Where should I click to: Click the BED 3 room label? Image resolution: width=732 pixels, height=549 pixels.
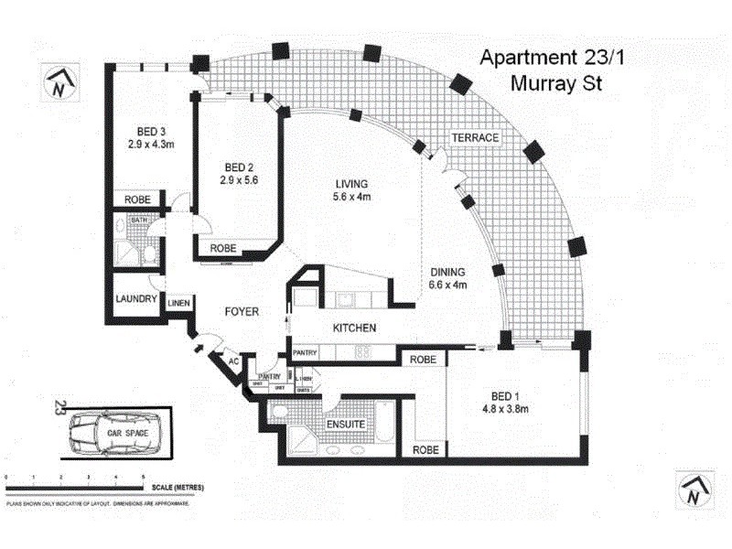tap(145, 136)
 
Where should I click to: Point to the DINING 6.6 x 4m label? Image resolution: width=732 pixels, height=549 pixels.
tap(448, 278)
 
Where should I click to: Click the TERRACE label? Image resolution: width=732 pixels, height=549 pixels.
tap(474, 138)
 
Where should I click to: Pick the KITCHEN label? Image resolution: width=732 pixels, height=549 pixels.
tap(354, 328)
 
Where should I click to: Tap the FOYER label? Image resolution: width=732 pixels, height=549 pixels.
tap(242, 312)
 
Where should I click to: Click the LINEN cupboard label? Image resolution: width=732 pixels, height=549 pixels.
tap(179, 303)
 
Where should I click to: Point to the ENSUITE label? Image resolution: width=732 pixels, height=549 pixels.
tap(345, 425)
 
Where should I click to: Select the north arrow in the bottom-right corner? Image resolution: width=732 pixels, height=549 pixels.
tap(692, 489)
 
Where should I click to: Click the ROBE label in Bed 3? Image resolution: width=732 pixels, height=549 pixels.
tap(137, 199)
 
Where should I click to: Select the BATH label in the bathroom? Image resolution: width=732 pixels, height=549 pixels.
tap(139, 221)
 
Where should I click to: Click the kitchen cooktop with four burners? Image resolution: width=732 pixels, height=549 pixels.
tap(361, 350)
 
